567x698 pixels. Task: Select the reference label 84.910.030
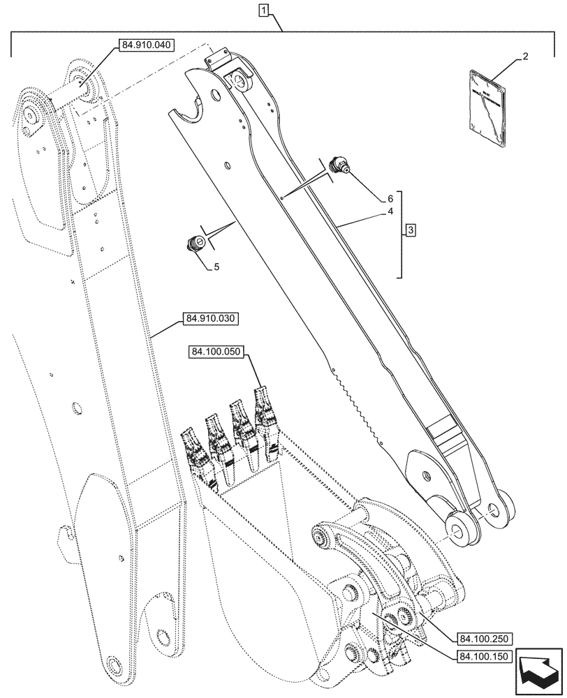tap(212, 318)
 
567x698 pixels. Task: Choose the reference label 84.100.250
tap(486, 638)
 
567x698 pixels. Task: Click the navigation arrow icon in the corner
tap(538, 671)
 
